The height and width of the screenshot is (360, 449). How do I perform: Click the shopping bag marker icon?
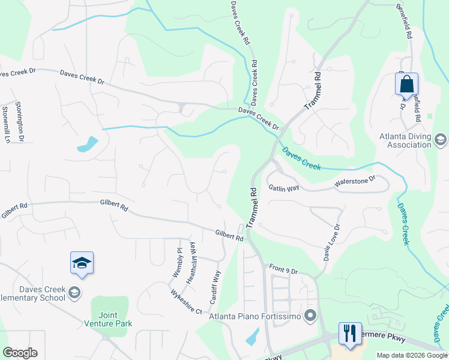pyautogui.click(x=406, y=85)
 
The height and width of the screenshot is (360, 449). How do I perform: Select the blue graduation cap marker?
pyautogui.click(x=82, y=263)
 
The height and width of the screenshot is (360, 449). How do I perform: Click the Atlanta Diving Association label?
pyautogui.click(x=405, y=140)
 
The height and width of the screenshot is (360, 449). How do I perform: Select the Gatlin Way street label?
pyautogui.click(x=283, y=188)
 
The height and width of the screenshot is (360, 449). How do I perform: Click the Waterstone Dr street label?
pyautogui.click(x=355, y=180)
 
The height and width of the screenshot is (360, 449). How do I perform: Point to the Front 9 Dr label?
pyautogui.click(x=283, y=270)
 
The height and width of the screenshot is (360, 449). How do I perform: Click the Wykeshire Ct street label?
pyautogui.click(x=185, y=301)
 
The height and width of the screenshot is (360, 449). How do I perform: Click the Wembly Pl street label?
pyautogui.click(x=178, y=262)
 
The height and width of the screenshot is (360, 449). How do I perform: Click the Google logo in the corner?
pyautogui.click(x=20, y=353)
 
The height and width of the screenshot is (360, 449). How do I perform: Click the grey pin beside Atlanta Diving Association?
pyautogui.click(x=440, y=140)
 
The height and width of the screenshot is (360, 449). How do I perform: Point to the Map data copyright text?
pyautogui.click(x=412, y=355)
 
